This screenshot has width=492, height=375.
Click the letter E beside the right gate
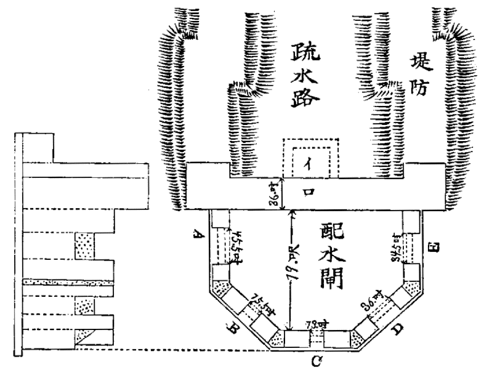[432, 248]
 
